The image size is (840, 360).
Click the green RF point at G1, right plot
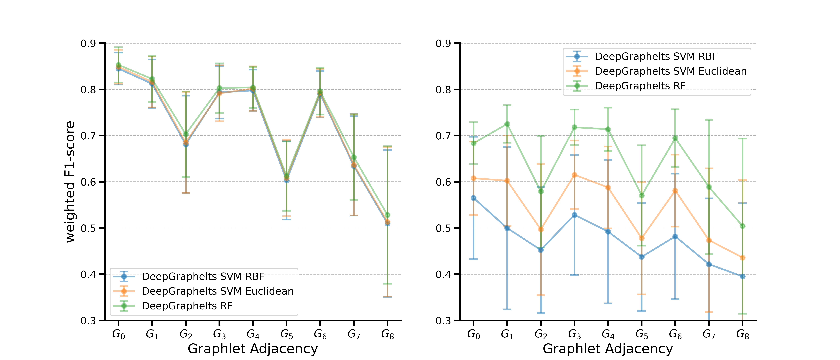click(507, 124)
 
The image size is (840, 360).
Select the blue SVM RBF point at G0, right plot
click(474, 198)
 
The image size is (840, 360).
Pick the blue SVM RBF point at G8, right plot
click(743, 276)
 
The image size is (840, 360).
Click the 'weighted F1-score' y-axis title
click(70, 182)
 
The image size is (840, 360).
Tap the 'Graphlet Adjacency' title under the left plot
click(253, 349)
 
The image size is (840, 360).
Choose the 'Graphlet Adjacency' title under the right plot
click(608, 349)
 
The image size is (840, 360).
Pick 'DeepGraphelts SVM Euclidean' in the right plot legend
click(671, 71)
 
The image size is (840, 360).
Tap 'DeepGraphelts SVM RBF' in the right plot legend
click(656, 56)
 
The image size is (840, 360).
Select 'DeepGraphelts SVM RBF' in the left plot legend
click(203, 276)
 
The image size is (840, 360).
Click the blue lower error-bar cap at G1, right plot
click(507, 309)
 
